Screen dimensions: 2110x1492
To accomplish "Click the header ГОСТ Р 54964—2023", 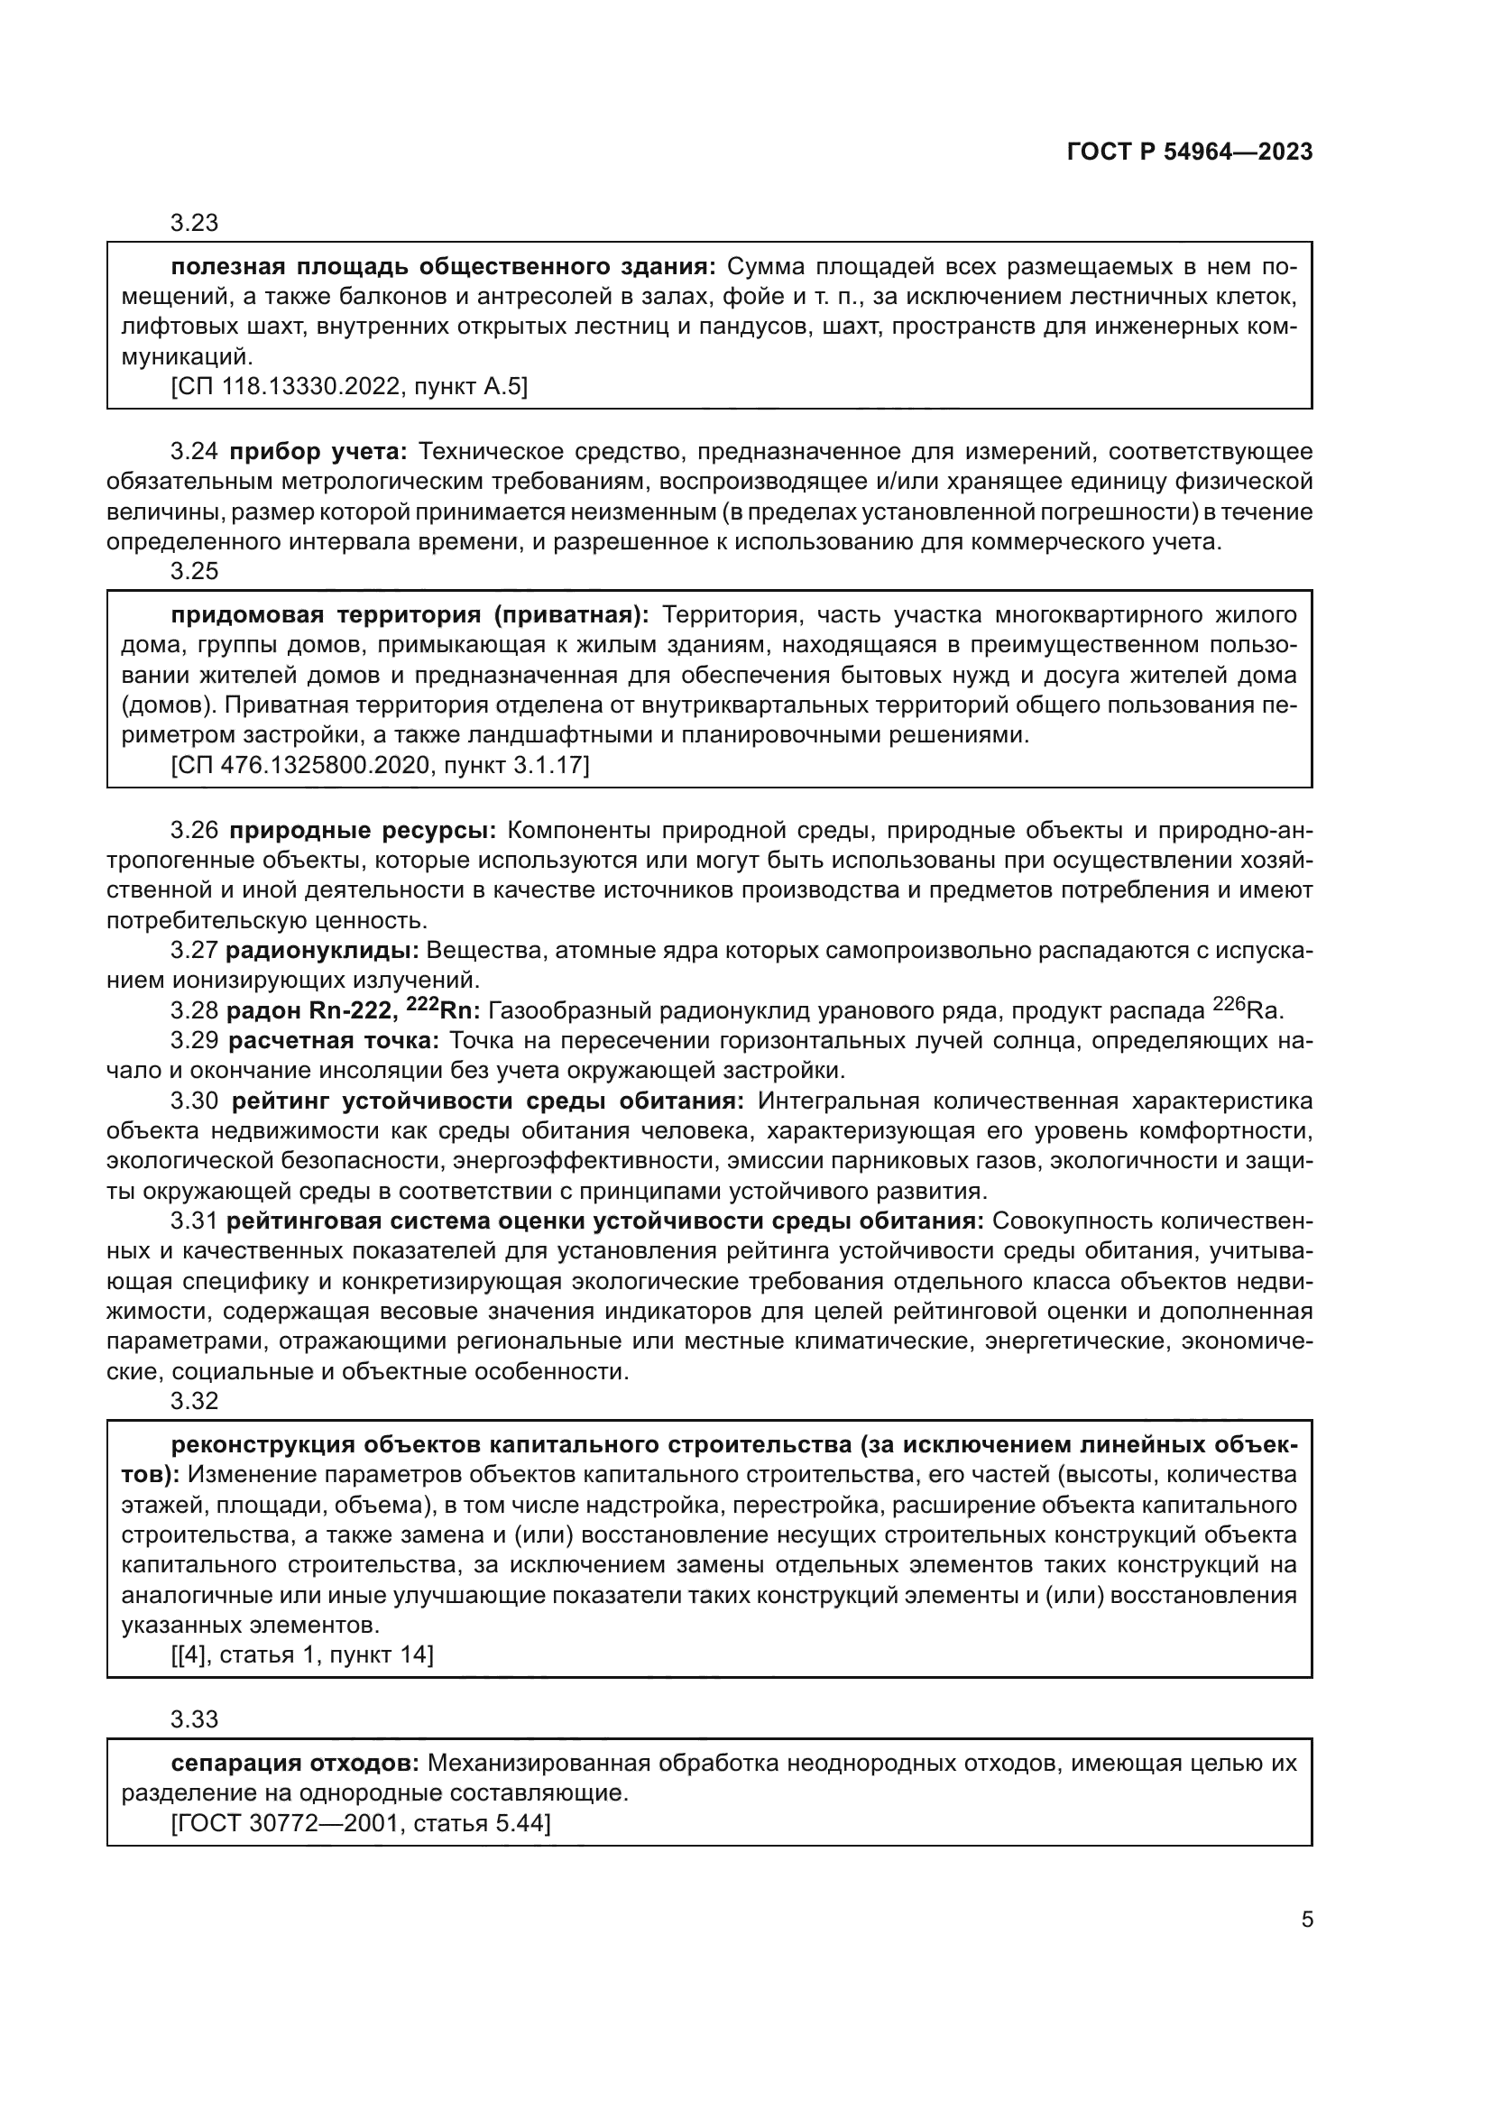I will (x=1189, y=152).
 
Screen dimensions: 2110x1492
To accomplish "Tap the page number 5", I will (x=1306, y=1919).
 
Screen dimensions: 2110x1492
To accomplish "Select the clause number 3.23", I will (x=194, y=224).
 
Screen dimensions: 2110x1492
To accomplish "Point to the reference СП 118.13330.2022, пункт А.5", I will (x=349, y=387).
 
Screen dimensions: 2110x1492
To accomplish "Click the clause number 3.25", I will (x=194, y=571).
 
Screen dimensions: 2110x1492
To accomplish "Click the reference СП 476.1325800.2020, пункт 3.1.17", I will (x=380, y=765).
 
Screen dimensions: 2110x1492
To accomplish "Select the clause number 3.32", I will (x=194, y=1401).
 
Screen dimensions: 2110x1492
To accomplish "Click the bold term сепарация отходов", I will (x=295, y=1764).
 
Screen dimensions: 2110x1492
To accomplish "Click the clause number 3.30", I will (x=194, y=1101).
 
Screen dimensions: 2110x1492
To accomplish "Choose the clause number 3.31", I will (x=194, y=1221).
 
